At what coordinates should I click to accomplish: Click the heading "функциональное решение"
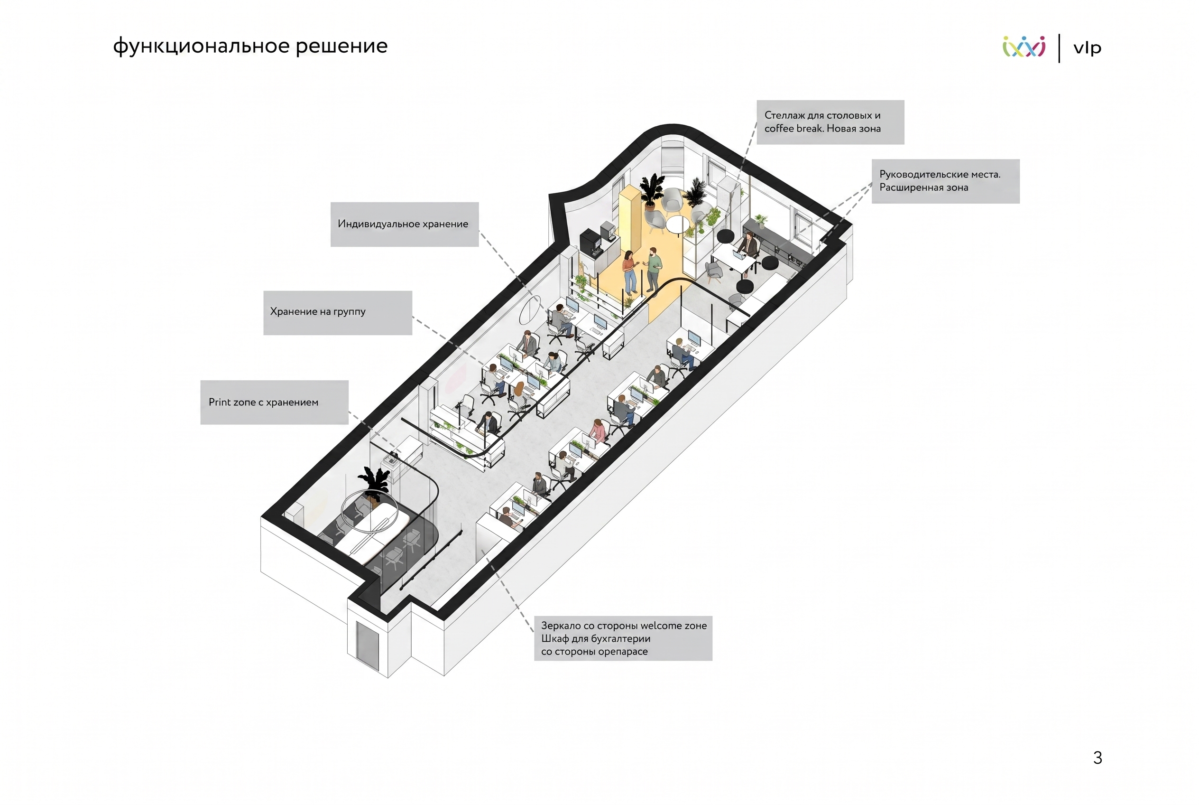(x=250, y=46)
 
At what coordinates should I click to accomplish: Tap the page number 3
(x=1098, y=758)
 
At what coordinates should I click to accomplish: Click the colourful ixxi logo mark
(x=1024, y=47)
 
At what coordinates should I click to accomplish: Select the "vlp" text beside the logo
(x=1087, y=48)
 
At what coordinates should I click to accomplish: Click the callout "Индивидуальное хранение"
(x=404, y=225)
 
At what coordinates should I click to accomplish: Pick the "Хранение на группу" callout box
(x=338, y=313)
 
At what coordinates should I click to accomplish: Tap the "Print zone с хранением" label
(x=275, y=402)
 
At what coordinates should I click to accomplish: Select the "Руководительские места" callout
(x=946, y=181)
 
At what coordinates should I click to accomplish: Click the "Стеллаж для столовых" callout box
(x=830, y=122)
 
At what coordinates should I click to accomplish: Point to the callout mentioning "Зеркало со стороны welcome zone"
(x=623, y=638)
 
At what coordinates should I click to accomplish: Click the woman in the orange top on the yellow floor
(x=629, y=271)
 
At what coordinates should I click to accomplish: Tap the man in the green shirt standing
(x=653, y=269)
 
